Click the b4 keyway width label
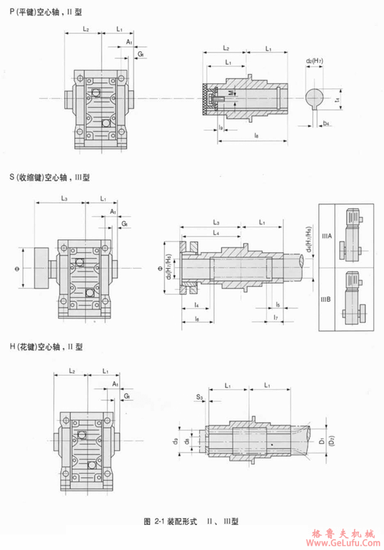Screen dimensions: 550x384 (326, 122)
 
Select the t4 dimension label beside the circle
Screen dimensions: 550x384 (337, 100)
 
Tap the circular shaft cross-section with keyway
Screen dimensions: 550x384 (314, 97)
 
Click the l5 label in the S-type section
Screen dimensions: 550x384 (277, 303)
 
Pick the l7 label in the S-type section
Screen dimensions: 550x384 (275, 317)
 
